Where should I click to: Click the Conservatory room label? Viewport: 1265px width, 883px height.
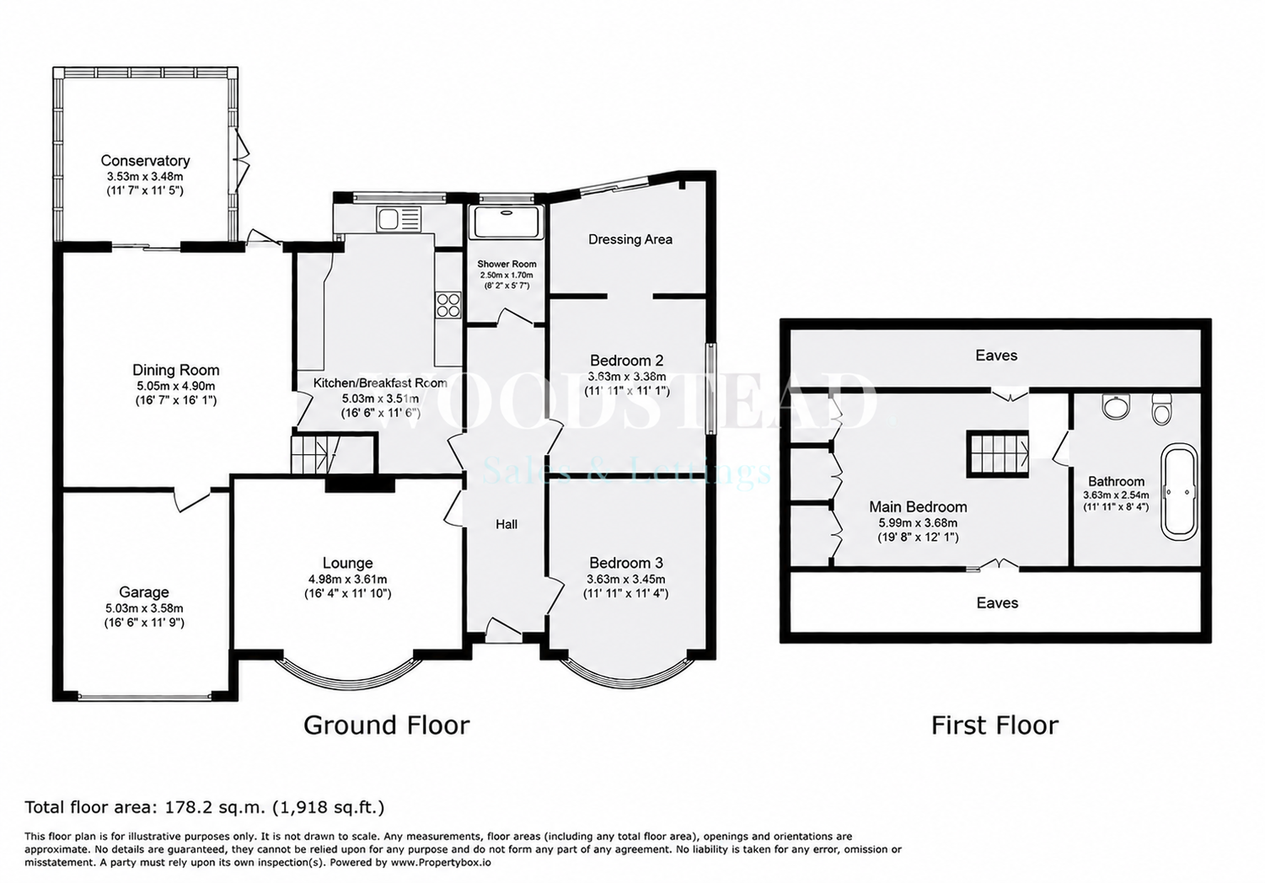[x=145, y=160]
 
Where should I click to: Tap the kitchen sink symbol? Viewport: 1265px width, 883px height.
[x=399, y=218]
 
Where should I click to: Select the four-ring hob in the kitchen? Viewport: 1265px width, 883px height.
[x=448, y=305]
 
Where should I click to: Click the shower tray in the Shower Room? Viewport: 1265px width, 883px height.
[x=507, y=222]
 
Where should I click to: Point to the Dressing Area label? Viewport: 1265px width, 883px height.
[x=630, y=239]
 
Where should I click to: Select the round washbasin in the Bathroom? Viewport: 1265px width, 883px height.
[x=1116, y=406]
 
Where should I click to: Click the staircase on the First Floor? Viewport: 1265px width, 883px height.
[x=997, y=454]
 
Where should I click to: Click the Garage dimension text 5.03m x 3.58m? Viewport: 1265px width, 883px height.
[x=144, y=608]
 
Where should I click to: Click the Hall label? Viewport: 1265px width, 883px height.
[x=507, y=525]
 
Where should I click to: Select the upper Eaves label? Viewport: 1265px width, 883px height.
[x=996, y=355]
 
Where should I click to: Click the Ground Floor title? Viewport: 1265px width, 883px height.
[x=386, y=725]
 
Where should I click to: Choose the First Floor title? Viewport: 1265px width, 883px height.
[x=994, y=725]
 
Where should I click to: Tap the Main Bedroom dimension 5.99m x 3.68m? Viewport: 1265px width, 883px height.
[x=918, y=522]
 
